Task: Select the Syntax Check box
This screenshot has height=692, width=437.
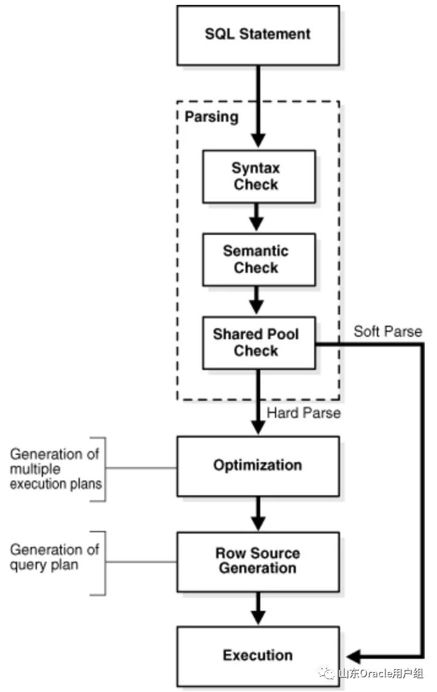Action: (x=258, y=176)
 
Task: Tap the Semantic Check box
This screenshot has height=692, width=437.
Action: (x=258, y=259)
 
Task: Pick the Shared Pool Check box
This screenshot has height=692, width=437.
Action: (x=258, y=342)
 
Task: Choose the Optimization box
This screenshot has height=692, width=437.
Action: (x=258, y=466)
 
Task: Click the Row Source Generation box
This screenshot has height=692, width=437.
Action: (x=258, y=561)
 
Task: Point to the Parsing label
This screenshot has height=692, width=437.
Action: (x=212, y=117)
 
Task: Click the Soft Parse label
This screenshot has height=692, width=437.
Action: (x=388, y=332)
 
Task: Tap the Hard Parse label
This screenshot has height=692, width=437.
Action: (x=304, y=413)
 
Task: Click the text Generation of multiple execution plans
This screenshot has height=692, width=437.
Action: (x=55, y=468)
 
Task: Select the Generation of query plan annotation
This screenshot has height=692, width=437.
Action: (x=54, y=557)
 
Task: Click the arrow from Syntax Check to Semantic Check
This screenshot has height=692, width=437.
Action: (x=258, y=216)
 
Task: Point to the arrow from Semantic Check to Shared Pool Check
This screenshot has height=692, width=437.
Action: (x=258, y=300)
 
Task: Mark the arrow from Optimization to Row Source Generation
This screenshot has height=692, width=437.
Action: (x=258, y=514)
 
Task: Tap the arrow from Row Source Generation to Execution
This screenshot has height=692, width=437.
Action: (x=258, y=608)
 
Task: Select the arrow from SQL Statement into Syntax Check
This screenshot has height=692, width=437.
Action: (x=258, y=108)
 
